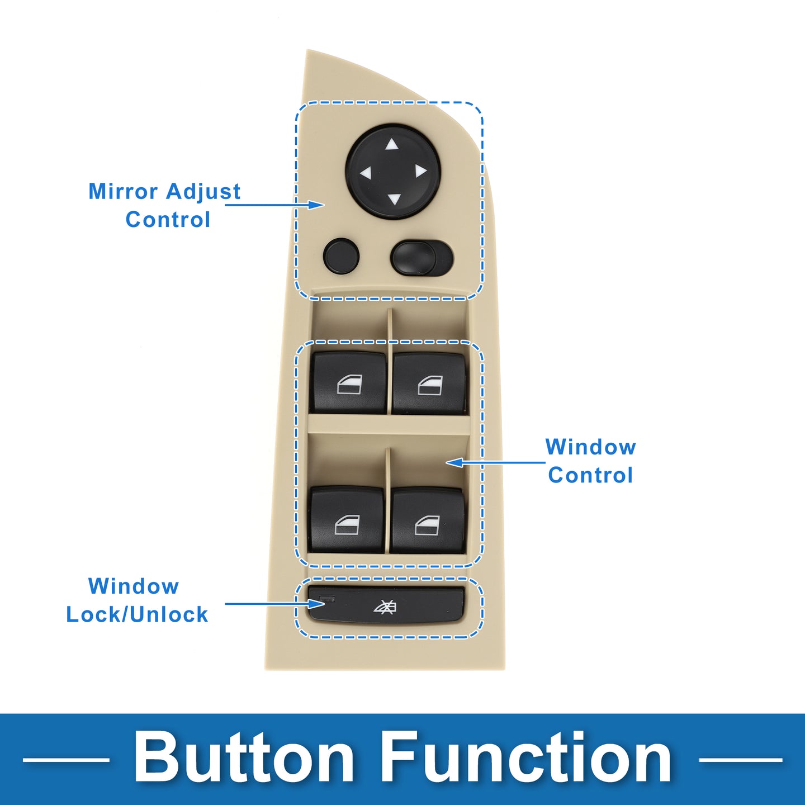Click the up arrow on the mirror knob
tap(391, 145)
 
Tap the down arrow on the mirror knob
tap(394, 199)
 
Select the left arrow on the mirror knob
tap(366, 172)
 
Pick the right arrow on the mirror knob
tap(421, 171)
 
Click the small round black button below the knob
tap(342, 256)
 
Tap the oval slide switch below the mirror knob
tap(422, 258)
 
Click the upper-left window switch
tap(348, 383)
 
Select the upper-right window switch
tap(429, 383)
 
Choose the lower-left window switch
tap(346, 520)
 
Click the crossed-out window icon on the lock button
tap(385, 607)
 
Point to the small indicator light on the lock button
tap(326, 598)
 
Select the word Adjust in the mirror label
tap(203, 192)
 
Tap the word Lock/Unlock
tap(137, 614)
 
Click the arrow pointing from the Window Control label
tap(495, 462)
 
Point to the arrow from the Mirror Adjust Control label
tap(275, 205)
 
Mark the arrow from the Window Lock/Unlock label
tap(275, 604)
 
